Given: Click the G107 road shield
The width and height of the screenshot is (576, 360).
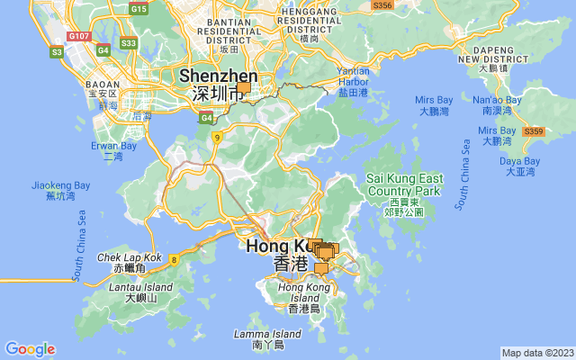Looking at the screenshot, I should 79,36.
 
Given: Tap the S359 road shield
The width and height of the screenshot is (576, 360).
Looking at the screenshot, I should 533,131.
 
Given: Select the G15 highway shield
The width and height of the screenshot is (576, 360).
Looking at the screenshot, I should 139,8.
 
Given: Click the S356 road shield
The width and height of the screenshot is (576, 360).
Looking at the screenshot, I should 382,5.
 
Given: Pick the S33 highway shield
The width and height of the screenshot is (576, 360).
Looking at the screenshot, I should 129,42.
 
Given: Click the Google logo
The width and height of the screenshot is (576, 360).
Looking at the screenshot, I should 30,349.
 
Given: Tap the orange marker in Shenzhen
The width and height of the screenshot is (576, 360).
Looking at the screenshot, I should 244,88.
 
